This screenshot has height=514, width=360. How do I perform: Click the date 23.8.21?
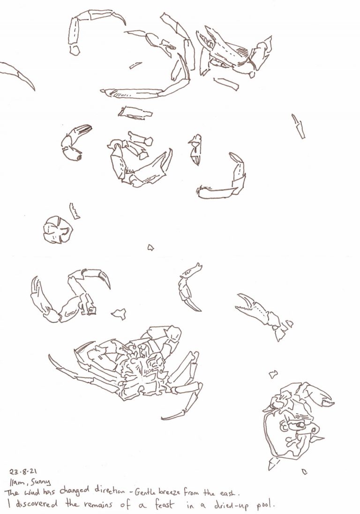click(x=23, y=472)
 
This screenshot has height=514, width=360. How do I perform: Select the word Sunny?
click(x=40, y=482)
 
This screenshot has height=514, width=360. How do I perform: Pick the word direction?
click(x=110, y=491)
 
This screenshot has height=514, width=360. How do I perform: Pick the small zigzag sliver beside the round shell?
click(x=75, y=211)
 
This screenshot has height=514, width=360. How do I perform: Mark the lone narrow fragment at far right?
click(x=299, y=126)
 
